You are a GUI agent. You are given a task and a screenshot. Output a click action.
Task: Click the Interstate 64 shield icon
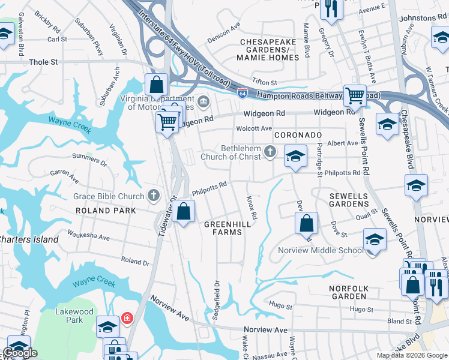coord(241,93)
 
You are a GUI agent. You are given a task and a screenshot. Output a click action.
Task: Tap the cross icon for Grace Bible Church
coord(154,196)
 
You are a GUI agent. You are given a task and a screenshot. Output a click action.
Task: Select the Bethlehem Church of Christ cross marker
coord(270,152)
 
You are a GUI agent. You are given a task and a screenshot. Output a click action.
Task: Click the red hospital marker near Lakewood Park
coord(127,317)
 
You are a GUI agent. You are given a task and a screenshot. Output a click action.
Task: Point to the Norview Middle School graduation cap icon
coord(375,240)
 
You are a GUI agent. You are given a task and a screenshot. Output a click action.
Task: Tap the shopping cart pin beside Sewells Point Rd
coord(355,95)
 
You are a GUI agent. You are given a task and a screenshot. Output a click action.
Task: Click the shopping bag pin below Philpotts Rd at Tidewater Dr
coord(184,212)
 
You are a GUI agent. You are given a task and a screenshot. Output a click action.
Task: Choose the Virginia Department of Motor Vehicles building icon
coord(203,101)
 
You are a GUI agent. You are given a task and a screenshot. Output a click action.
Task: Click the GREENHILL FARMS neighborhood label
coord(227,228)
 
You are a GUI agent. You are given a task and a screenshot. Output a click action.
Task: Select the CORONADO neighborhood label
coord(298,136)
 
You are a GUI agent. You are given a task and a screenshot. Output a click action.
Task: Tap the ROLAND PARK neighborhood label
coord(101,211)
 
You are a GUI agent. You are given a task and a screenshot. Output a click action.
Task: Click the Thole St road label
coord(43,62)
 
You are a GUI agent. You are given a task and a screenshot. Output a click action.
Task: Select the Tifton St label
coord(265,82)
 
